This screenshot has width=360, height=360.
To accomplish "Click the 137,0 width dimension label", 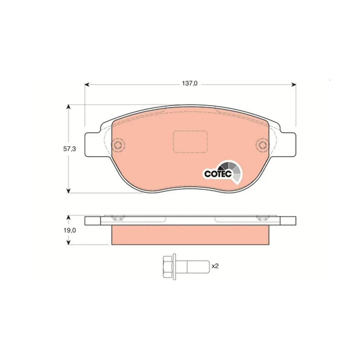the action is (x=190, y=84).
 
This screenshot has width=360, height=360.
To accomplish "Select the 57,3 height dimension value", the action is (x=69, y=149).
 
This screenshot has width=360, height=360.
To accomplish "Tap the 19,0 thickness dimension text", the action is (x=69, y=230).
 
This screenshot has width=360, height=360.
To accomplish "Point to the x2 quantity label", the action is (x=215, y=266).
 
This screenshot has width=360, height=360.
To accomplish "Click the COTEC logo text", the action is (x=218, y=174).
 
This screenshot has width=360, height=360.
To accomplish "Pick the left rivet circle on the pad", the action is (x=118, y=145).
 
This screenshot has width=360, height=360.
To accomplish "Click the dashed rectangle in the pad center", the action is (x=190, y=141).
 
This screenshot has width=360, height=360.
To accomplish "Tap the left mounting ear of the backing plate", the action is (x=93, y=145).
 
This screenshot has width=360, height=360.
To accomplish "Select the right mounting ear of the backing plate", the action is (x=288, y=145).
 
